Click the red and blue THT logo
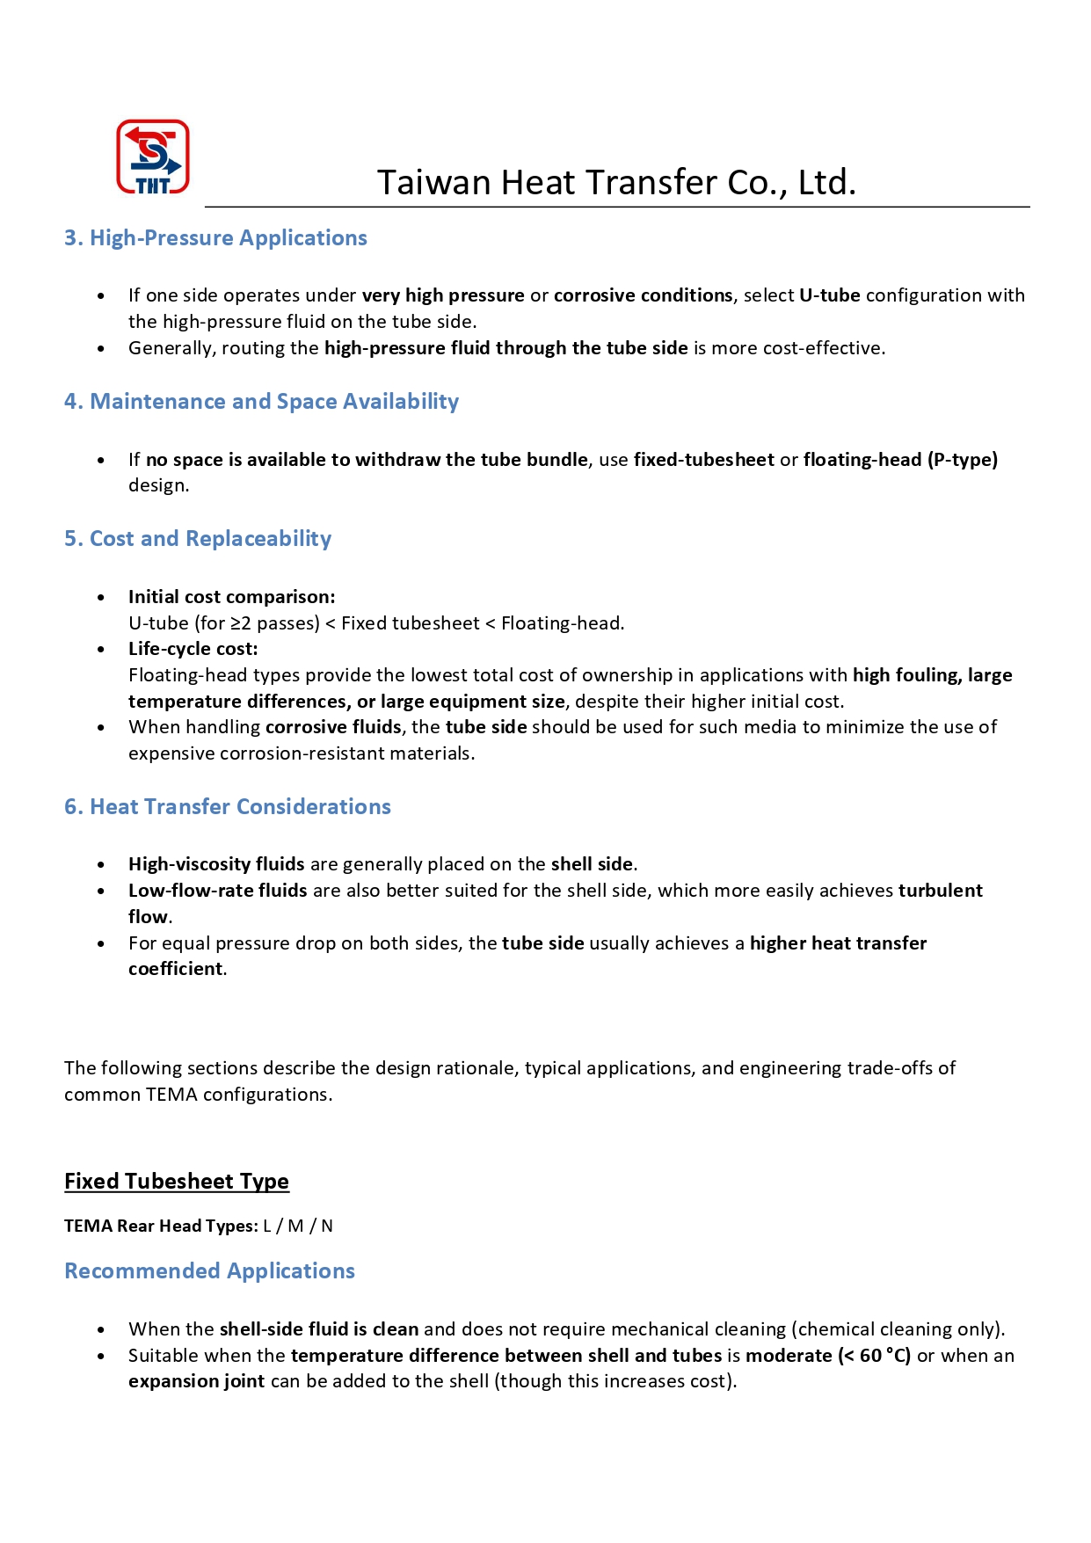click(153, 156)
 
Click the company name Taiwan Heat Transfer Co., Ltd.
click(616, 182)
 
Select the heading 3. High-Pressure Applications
click(215, 238)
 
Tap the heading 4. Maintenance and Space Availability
click(261, 402)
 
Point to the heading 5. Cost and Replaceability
click(198, 539)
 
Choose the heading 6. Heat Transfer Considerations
click(227, 807)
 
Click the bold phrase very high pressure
click(443, 295)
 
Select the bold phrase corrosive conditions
click(643, 295)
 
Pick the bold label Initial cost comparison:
click(231, 597)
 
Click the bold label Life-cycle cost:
click(193, 649)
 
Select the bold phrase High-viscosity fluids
click(216, 864)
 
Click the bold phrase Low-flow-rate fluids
click(217, 891)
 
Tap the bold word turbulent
click(940, 891)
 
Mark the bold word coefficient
click(176, 969)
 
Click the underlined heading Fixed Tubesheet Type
click(176, 1182)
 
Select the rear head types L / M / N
click(298, 1226)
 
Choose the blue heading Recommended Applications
click(209, 1271)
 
